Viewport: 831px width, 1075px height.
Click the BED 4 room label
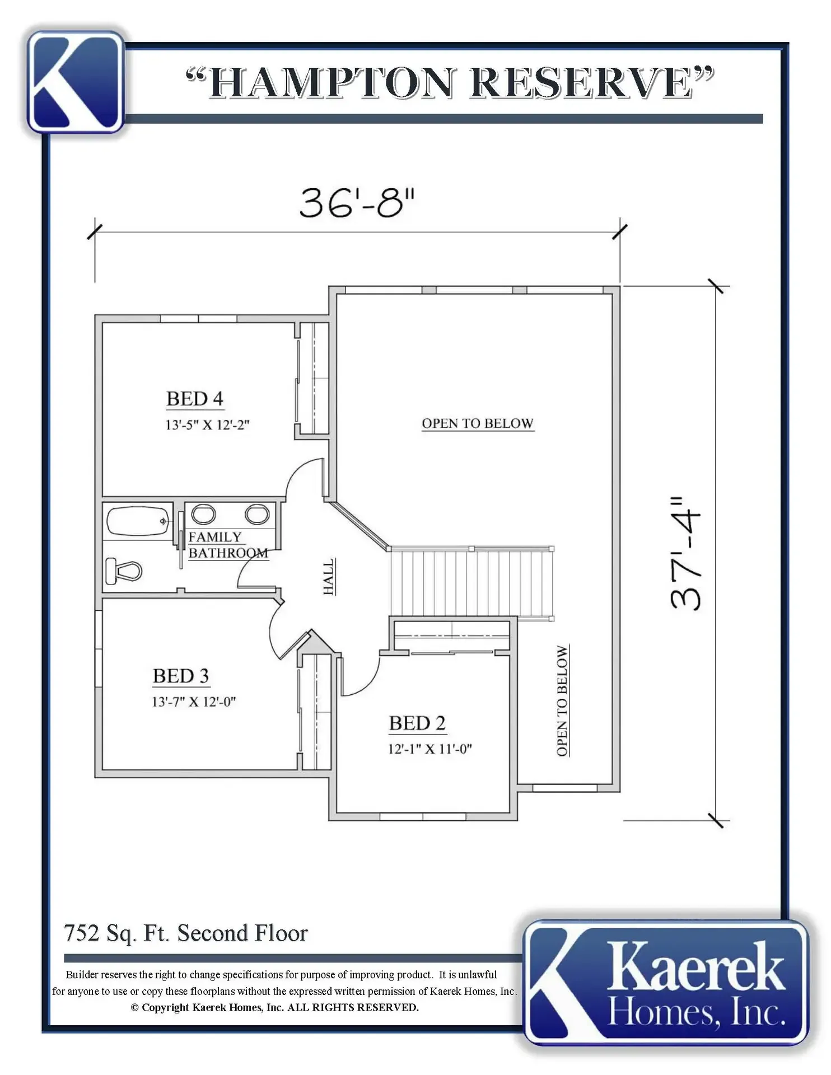pyautogui.click(x=195, y=399)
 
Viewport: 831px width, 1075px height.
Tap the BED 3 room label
pyautogui.click(x=181, y=676)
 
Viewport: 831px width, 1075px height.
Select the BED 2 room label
pyautogui.click(x=417, y=723)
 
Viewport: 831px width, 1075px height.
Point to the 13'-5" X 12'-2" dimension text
pyautogui.click(x=207, y=424)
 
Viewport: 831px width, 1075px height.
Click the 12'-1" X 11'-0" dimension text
pyautogui.click(x=430, y=749)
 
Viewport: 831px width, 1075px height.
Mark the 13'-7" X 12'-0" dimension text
pyautogui.click(x=194, y=702)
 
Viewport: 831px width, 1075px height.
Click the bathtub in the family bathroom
pyautogui.click(x=138, y=521)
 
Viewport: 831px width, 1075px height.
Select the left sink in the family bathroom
pyautogui.click(x=203, y=513)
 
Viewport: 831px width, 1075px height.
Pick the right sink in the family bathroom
pyautogui.click(x=257, y=513)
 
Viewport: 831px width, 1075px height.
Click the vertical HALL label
pyautogui.click(x=329, y=576)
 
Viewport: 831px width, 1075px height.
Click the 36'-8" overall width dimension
pyautogui.click(x=357, y=203)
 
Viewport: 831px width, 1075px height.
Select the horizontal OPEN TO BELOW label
pyautogui.click(x=478, y=423)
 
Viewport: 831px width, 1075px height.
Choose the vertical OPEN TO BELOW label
pyautogui.click(x=562, y=700)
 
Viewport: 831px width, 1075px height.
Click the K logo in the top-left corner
pyautogui.click(x=76, y=82)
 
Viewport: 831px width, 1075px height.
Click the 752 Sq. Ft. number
pyautogui.click(x=82, y=933)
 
